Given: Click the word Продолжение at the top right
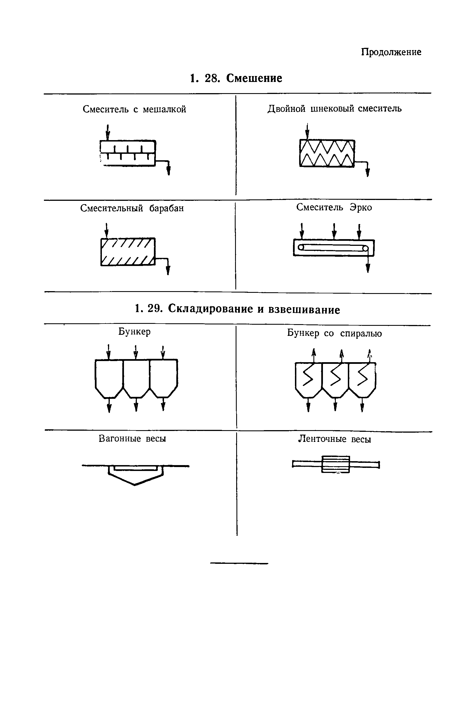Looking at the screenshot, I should [x=391, y=52].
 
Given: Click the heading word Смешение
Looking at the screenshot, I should [x=254, y=78].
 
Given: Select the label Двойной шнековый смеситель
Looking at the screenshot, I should [x=334, y=109].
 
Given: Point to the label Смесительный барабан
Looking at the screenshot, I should [x=132, y=208].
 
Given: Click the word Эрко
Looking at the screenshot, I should [x=361, y=208].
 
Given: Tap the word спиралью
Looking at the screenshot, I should [x=361, y=333].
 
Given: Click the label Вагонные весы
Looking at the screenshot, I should [x=132, y=439].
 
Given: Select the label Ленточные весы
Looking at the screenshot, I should [x=334, y=439].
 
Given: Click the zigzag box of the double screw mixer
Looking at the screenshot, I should [x=327, y=153].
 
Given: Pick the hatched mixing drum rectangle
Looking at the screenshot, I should [x=128, y=252].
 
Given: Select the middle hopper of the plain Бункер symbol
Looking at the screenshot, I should [x=136, y=378].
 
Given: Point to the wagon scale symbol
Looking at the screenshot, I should [x=135, y=473].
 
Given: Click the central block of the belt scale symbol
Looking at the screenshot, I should [x=336, y=464].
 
